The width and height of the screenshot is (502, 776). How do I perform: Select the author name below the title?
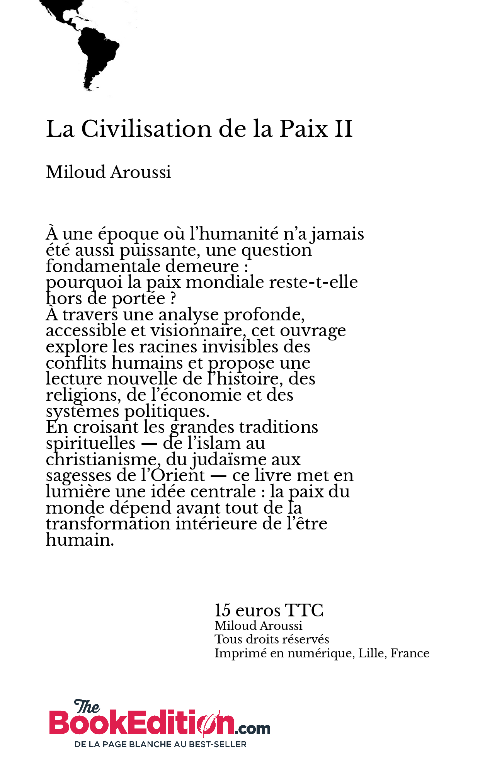point(109,172)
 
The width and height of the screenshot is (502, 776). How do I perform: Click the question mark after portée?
point(173,299)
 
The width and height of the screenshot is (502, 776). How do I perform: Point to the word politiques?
point(167,412)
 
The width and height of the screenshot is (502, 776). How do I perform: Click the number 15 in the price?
point(223,611)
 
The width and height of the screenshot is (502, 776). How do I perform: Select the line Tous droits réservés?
point(272,639)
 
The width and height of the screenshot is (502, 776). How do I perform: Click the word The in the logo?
point(87,707)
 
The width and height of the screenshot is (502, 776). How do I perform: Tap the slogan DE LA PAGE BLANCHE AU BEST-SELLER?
point(160,744)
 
